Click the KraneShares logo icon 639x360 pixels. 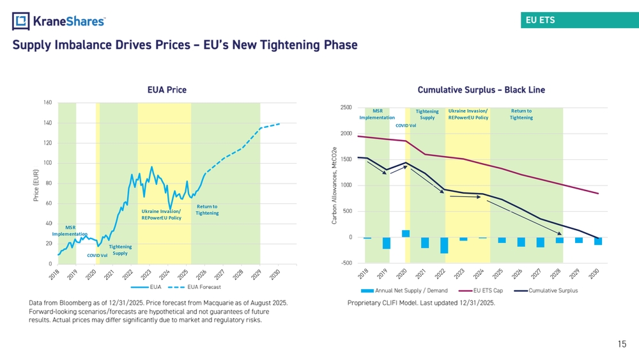[21, 21]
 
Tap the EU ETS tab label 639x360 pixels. [540, 20]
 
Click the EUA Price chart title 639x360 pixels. [167, 90]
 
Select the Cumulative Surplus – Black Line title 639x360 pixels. [481, 90]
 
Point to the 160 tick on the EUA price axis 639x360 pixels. [48, 102]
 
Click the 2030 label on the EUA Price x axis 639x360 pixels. [275, 274]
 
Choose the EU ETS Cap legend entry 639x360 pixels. [481, 291]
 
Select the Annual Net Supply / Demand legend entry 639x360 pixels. [404, 291]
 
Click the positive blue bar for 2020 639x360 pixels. [406, 233]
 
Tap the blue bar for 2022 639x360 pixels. [444, 246]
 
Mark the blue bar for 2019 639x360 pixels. [387, 243]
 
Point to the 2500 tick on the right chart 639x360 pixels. [346, 107]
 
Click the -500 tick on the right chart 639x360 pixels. [346, 263]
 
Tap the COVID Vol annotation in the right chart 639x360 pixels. [406, 125]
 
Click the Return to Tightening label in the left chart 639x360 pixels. [207, 210]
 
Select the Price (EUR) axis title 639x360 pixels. [36, 185]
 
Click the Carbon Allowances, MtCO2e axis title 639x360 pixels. [334, 185]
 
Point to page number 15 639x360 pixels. [622, 344]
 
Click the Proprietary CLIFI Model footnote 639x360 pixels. [421, 303]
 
